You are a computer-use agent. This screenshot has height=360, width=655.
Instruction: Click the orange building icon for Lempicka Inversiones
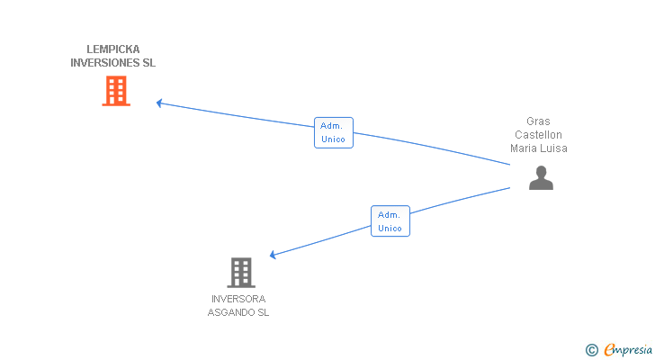tap(116, 91)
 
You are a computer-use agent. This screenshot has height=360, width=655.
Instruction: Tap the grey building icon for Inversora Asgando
tap(240, 272)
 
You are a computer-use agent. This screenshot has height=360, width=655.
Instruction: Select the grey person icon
tap(541, 178)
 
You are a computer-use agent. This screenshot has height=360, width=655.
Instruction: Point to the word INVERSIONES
tap(105, 63)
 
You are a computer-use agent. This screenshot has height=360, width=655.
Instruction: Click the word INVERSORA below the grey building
tap(238, 299)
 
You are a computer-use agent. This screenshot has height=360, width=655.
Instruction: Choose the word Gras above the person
tap(539, 121)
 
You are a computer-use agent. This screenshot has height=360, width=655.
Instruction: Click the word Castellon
tap(539, 135)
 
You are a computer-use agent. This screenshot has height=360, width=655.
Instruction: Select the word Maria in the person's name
tap(525, 148)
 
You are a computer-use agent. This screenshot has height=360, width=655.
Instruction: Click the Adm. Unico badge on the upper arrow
tap(333, 132)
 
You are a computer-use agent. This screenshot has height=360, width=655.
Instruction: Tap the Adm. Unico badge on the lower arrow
tap(390, 221)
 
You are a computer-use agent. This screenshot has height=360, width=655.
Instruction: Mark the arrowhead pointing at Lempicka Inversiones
tap(159, 103)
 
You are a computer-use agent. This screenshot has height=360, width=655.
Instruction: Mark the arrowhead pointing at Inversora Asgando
tap(273, 256)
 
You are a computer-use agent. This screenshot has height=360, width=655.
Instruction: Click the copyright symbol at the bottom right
tap(591, 350)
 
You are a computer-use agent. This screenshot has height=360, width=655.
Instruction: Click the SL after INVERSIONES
tap(149, 63)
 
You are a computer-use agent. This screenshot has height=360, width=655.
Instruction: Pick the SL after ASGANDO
tap(263, 313)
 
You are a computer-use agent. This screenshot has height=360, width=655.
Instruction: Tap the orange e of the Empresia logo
tap(609, 350)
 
